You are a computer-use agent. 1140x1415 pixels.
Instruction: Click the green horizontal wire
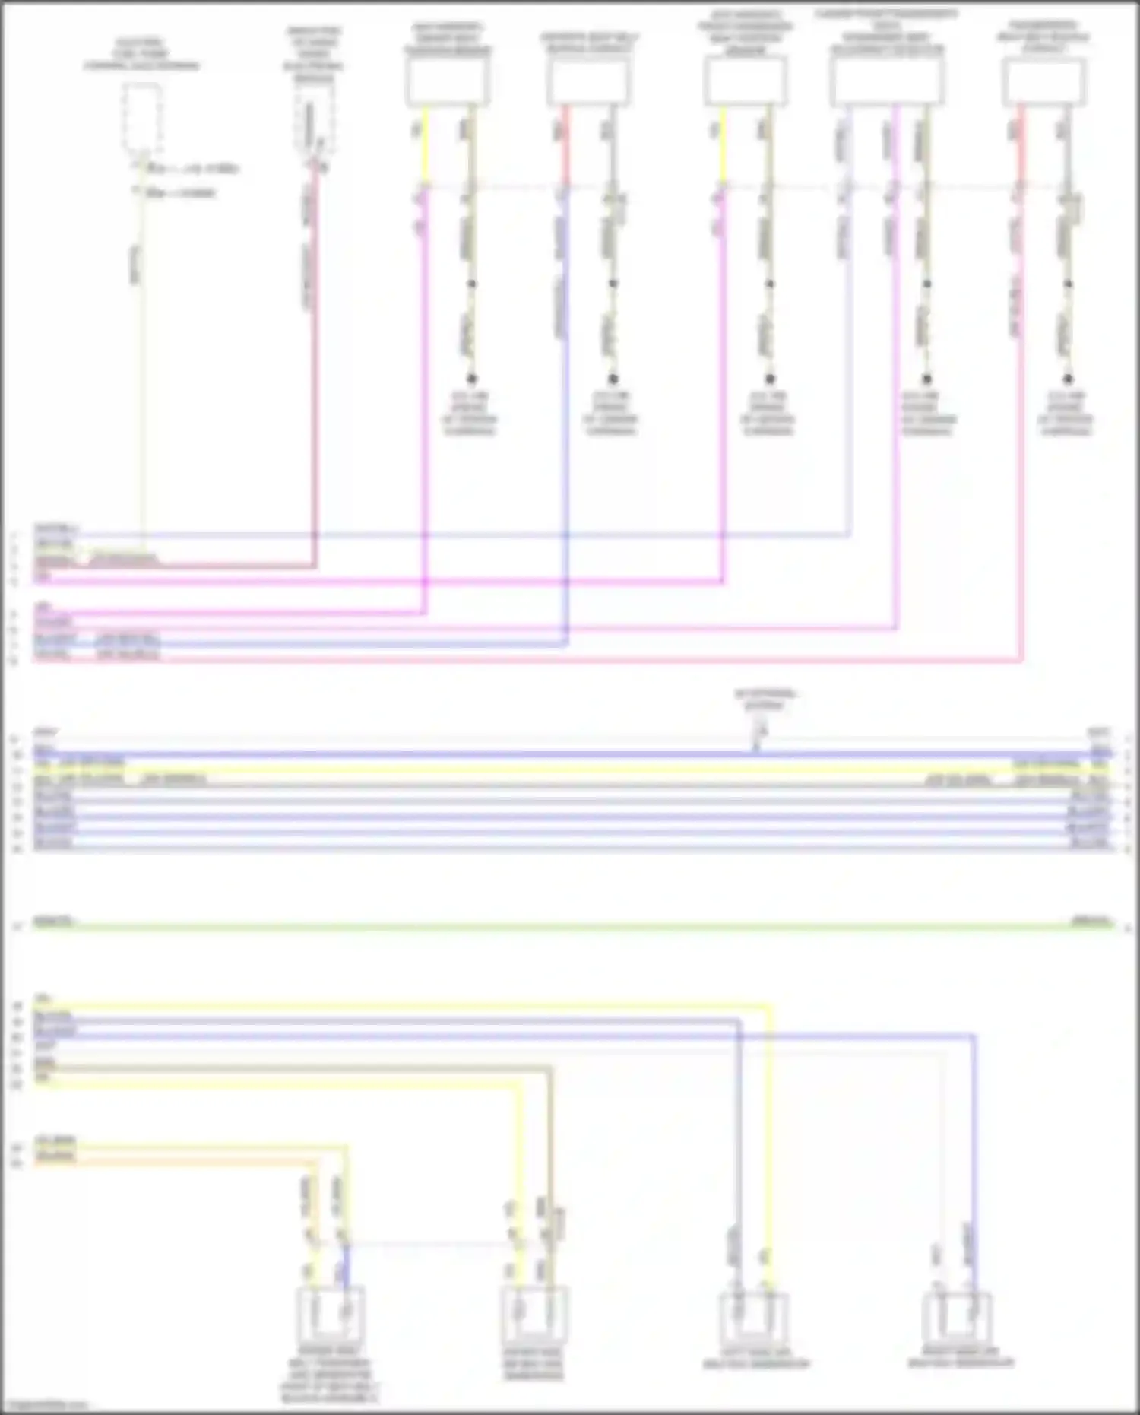[x=570, y=926]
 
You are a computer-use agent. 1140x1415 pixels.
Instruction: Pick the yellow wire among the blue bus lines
[x=570, y=769]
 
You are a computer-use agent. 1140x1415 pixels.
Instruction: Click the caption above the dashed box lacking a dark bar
[x=141, y=54]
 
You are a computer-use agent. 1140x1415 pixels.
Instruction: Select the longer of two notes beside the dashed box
[x=193, y=168]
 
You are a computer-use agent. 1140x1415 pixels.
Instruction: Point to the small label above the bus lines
[x=765, y=699]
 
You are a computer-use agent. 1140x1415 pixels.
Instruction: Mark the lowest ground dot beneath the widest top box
[x=926, y=379]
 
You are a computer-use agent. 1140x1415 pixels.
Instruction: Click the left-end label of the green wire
[x=53, y=921]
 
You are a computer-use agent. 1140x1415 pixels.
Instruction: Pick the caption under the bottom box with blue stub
[x=331, y=1380]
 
